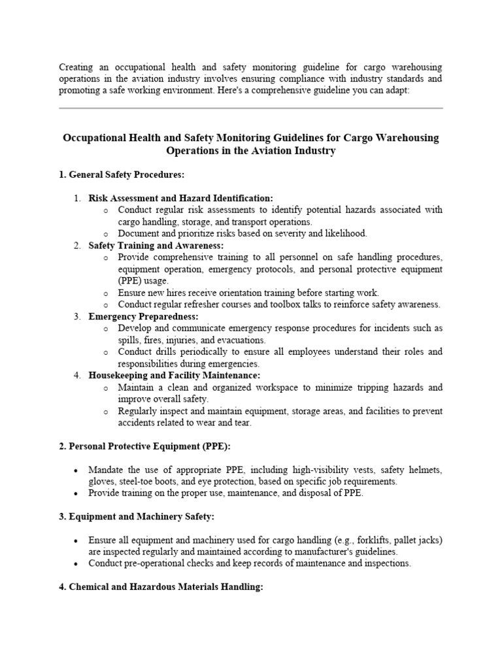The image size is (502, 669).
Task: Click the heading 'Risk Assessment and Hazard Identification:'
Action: click(x=181, y=198)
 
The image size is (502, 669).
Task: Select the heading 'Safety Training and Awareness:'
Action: click(x=156, y=246)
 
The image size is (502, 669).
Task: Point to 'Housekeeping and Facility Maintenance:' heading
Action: click(x=174, y=376)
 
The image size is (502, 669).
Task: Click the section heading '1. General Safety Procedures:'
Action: click(x=122, y=174)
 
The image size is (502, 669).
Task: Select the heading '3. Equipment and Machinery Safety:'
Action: click(x=137, y=517)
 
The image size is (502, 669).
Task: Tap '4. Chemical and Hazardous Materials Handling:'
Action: click(x=161, y=587)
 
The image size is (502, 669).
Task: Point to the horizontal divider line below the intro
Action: click(x=251, y=108)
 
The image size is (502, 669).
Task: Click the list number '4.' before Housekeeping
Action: click(x=76, y=376)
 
